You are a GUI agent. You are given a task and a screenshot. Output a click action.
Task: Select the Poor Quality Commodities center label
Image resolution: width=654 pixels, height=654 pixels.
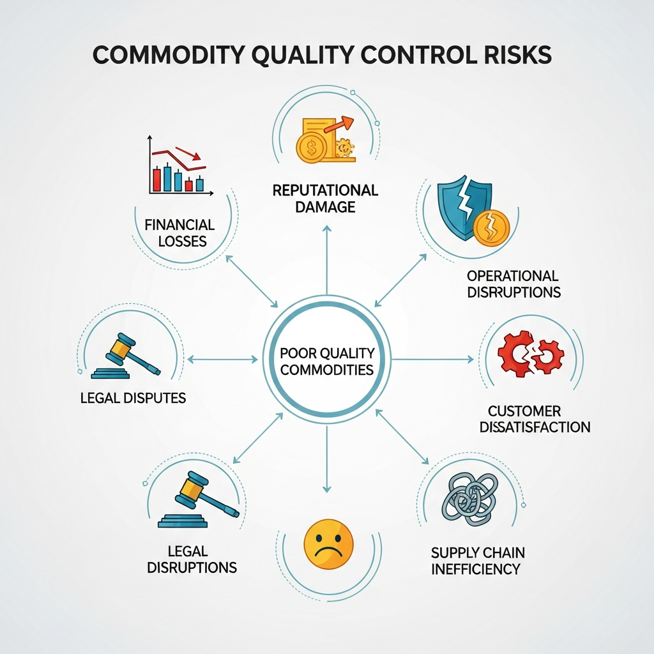(327, 361)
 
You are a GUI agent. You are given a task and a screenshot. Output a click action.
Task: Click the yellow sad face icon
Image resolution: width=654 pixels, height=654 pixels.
(328, 544)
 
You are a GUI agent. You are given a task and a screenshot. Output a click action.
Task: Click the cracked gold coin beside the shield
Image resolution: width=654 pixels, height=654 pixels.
(491, 226)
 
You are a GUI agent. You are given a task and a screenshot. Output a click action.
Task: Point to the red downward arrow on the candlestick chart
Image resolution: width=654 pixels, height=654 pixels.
(189, 153)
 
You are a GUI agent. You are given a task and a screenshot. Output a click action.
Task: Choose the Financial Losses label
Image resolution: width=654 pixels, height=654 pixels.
(179, 233)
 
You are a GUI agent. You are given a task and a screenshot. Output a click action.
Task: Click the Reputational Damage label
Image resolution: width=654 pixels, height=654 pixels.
(325, 198)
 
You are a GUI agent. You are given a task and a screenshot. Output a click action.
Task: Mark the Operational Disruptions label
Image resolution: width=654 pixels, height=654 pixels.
(513, 284)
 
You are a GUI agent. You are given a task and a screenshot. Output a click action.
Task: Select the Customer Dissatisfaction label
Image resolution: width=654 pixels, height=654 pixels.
(535, 418)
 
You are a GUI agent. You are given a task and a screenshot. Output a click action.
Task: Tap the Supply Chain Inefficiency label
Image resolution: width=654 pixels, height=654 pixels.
(478, 560)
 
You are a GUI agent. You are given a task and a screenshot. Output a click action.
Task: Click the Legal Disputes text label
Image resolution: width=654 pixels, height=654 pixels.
(133, 398)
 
